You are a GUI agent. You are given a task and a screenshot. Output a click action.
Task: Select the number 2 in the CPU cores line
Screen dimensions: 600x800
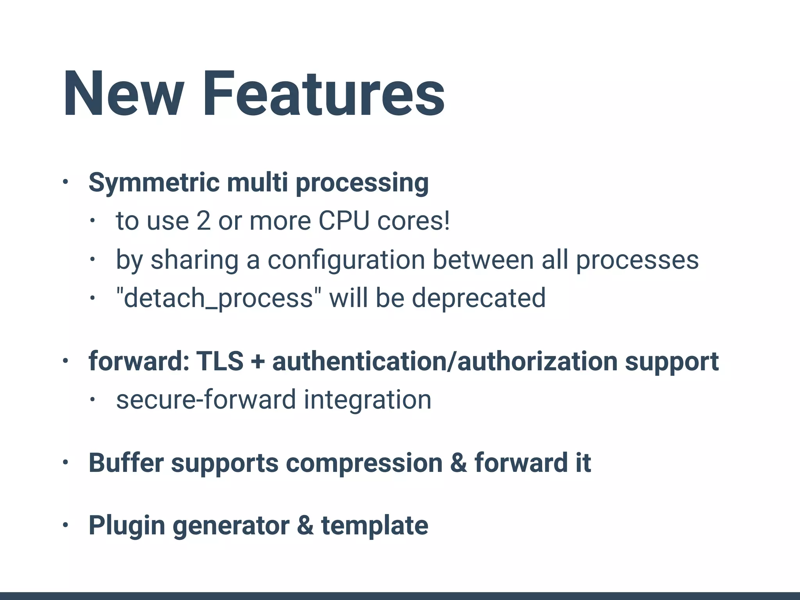[204, 221]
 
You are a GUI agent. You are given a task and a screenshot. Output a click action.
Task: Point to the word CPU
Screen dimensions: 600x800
[344, 221]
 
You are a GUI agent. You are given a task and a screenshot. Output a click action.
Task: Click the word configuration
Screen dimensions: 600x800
[346, 260]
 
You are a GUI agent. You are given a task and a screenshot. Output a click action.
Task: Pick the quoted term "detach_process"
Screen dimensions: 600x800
[215, 298]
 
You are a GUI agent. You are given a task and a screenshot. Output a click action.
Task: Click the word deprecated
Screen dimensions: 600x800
[479, 298]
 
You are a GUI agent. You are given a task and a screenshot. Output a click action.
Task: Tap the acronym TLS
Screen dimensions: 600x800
[220, 361]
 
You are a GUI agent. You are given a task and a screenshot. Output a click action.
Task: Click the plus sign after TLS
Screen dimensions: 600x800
[257, 362]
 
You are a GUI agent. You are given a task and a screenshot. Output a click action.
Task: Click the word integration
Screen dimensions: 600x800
[368, 400]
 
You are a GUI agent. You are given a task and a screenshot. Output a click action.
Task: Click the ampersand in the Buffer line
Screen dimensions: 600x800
[459, 463]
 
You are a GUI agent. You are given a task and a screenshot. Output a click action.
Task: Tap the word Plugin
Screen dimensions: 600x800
[127, 526]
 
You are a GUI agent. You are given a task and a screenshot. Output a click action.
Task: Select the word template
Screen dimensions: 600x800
[375, 525]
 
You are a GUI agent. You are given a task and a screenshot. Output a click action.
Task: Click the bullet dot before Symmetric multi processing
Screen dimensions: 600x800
[65, 182]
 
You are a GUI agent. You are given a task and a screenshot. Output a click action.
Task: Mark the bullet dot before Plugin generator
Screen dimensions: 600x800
[65, 525]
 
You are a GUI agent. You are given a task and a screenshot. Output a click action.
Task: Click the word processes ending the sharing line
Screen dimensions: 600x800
[637, 260]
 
